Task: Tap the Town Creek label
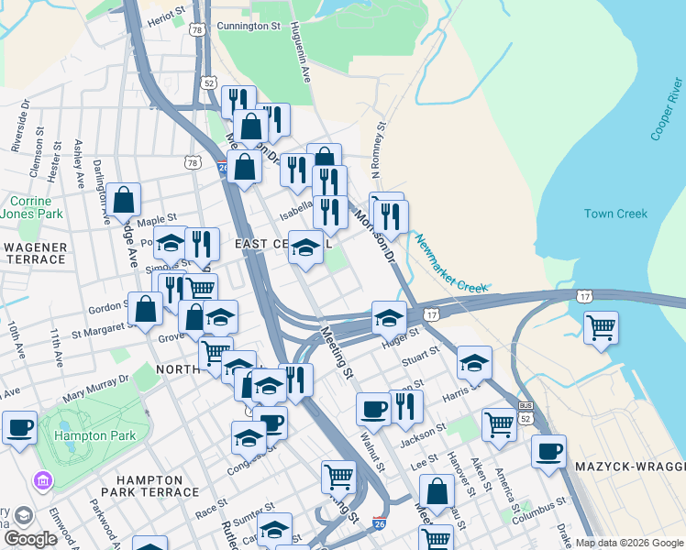click(615, 214)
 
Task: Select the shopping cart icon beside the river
click(601, 326)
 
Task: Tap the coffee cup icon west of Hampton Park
click(19, 426)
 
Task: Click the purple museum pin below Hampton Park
click(41, 480)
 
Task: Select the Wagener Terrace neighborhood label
click(35, 254)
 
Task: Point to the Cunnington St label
click(248, 27)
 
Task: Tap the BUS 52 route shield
click(526, 411)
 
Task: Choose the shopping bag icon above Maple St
click(123, 199)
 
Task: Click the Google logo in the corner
click(30, 539)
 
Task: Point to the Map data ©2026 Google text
click(628, 543)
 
